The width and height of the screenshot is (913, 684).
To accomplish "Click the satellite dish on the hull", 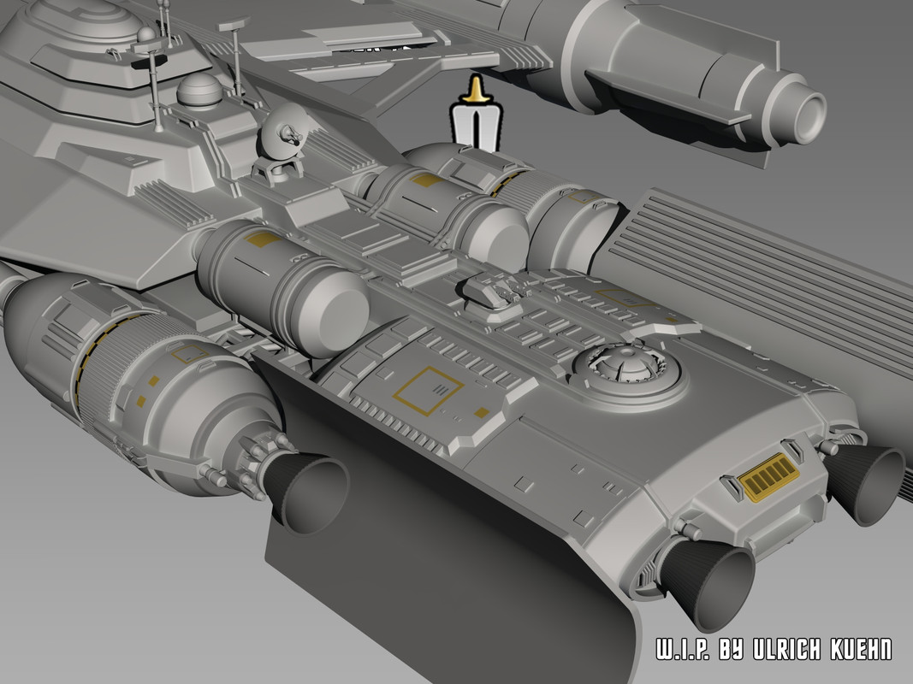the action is point(282,139).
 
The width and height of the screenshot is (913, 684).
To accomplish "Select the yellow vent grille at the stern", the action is point(768,477).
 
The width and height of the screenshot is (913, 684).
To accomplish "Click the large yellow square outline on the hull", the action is point(428,391).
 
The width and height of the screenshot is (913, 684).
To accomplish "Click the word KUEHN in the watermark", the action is point(862,649).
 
